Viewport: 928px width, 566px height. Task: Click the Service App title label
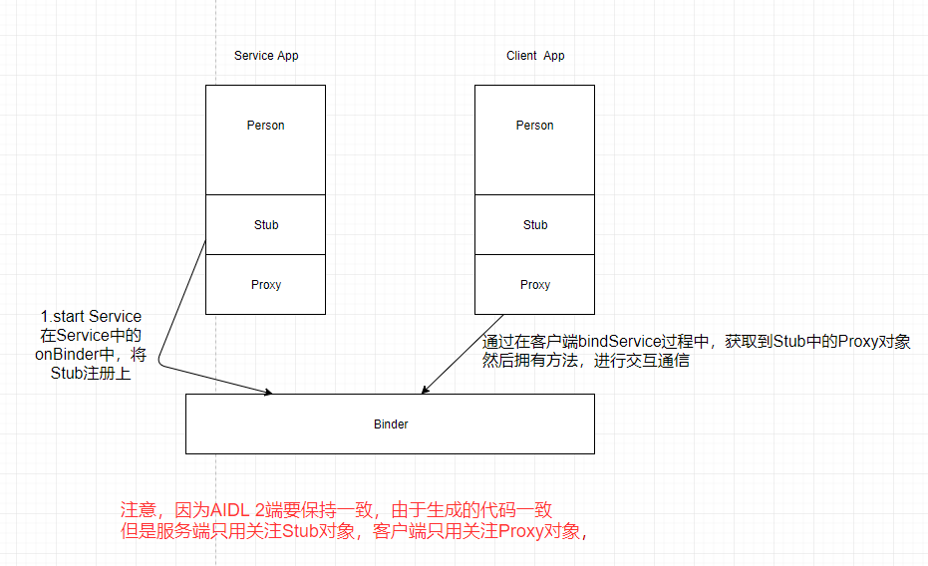tap(266, 56)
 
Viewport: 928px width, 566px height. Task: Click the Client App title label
tap(535, 56)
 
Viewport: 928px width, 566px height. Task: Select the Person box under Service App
tap(265, 140)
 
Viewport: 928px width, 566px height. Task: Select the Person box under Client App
tap(534, 140)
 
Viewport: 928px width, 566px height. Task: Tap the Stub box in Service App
tap(265, 225)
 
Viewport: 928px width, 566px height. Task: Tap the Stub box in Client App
tap(534, 225)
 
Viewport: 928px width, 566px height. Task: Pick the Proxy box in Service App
tap(265, 285)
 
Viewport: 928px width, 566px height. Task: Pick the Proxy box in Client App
tap(534, 285)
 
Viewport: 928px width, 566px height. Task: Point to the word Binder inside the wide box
tap(391, 424)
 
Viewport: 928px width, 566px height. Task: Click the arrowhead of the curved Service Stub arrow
tap(268, 394)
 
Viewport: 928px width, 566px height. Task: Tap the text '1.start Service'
tap(91, 317)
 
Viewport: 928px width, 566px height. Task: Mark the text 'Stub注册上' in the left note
tap(91, 374)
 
